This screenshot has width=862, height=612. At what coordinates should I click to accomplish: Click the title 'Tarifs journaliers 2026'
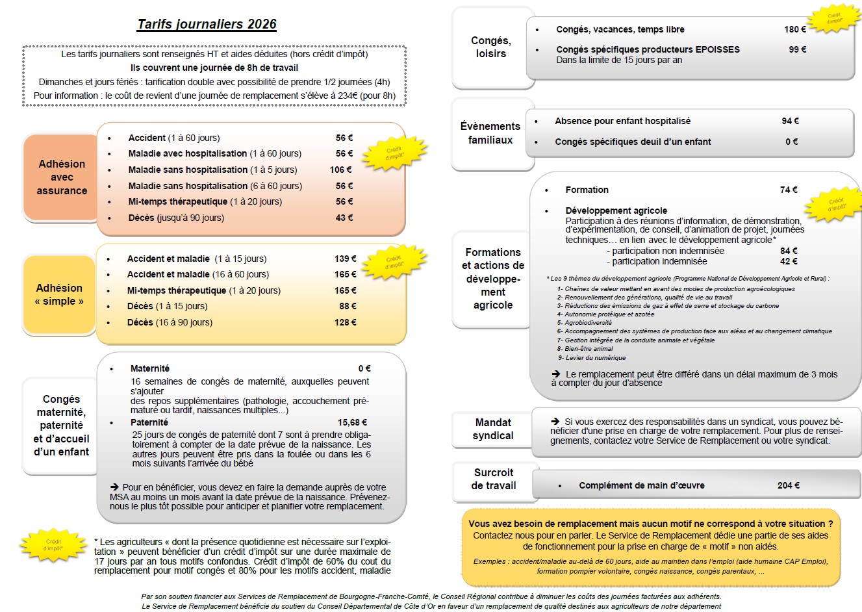pyautogui.click(x=207, y=25)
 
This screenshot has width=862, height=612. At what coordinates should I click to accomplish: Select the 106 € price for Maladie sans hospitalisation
pyautogui.click(x=340, y=170)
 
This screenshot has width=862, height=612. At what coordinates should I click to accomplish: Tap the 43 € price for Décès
pyautogui.click(x=344, y=218)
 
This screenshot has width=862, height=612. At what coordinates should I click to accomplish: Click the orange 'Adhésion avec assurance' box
pyautogui.click(x=61, y=177)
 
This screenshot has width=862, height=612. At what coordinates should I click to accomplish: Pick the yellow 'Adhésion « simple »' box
pyautogui.click(x=59, y=294)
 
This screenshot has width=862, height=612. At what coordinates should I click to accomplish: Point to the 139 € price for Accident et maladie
pyautogui.click(x=345, y=259)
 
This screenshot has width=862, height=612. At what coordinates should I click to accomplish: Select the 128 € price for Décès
pyautogui.click(x=345, y=322)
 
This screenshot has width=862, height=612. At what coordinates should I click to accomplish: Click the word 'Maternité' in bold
pyautogui.click(x=150, y=368)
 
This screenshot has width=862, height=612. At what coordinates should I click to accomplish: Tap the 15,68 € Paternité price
pyautogui.click(x=352, y=422)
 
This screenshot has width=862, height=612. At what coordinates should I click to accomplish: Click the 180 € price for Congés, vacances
pyautogui.click(x=794, y=29)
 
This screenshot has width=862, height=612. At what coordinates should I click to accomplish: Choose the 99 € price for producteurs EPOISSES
pyautogui.click(x=797, y=49)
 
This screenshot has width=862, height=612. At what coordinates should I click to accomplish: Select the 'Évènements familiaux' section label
pyautogui.click(x=490, y=133)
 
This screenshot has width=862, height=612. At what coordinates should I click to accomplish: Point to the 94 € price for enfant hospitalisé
pyautogui.click(x=790, y=121)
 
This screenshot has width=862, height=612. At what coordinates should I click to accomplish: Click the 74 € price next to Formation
pyautogui.click(x=789, y=190)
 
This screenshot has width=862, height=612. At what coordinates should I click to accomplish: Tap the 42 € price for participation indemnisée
pyautogui.click(x=789, y=261)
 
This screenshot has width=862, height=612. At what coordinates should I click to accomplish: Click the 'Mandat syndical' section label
pyautogui.click(x=493, y=429)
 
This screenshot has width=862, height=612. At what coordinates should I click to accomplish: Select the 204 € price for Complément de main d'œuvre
pyautogui.click(x=788, y=485)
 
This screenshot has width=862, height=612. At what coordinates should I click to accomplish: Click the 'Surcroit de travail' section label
pyautogui.click(x=493, y=479)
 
